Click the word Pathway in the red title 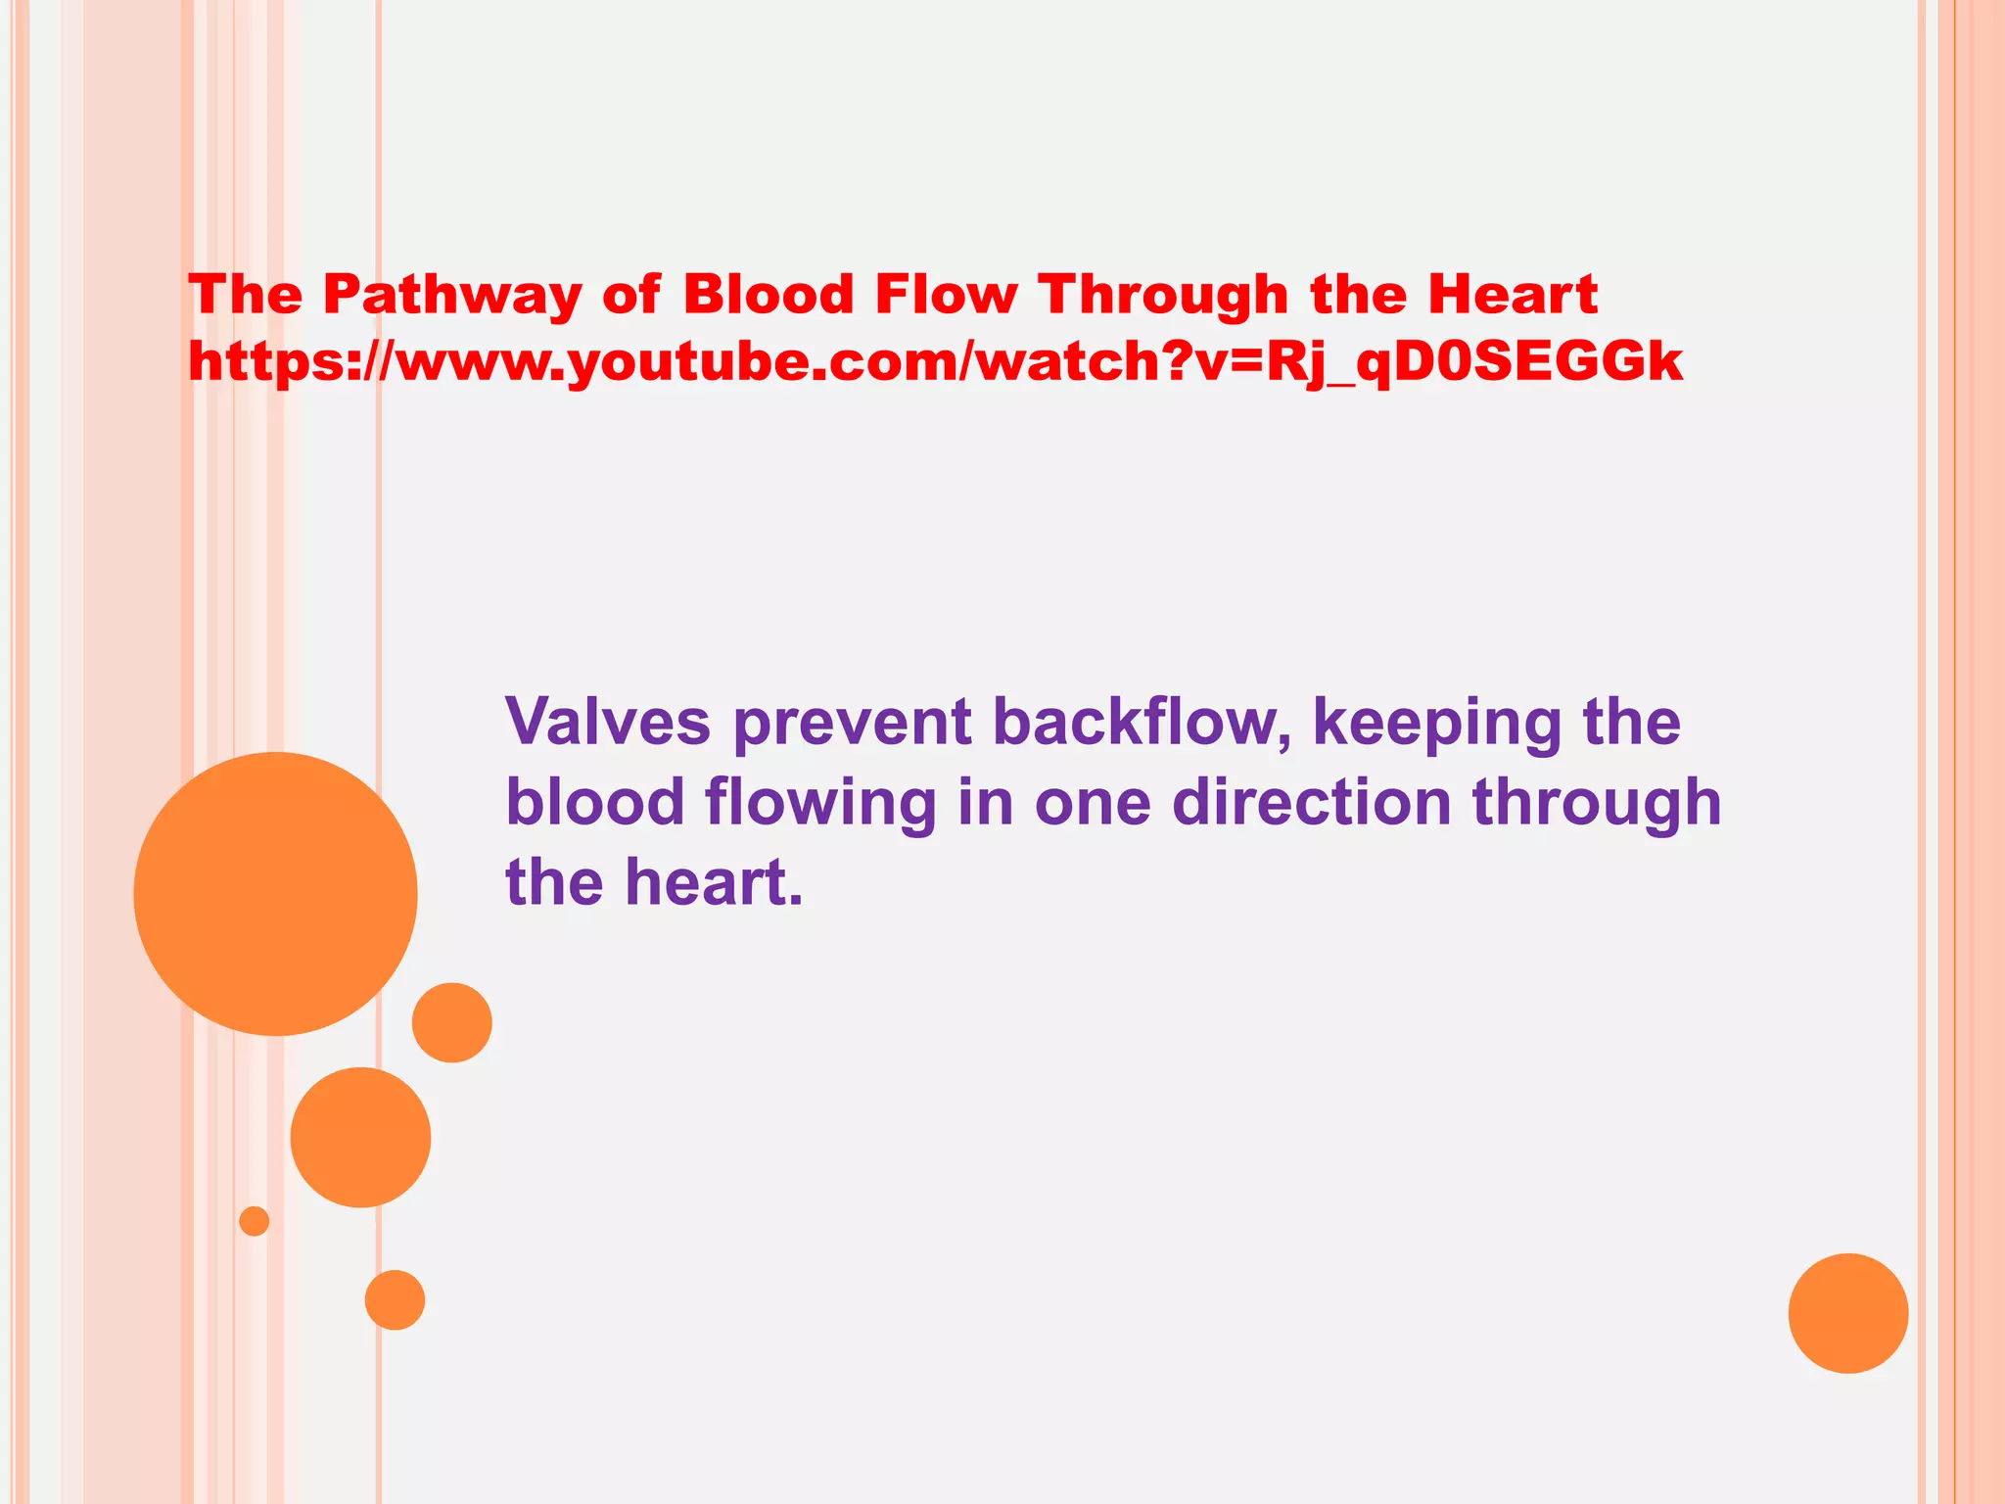(x=452, y=295)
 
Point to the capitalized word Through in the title (x=1163, y=295)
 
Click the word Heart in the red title (x=1513, y=295)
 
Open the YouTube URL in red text (x=935, y=362)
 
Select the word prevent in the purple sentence (x=852, y=724)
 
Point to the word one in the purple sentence (x=1093, y=804)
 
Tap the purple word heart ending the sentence (x=713, y=882)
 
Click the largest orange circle (x=275, y=893)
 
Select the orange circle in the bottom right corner (x=1847, y=1313)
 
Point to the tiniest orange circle (x=254, y=1221)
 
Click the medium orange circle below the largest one (x=360, y=1137)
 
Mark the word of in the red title (x=630, y=295)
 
